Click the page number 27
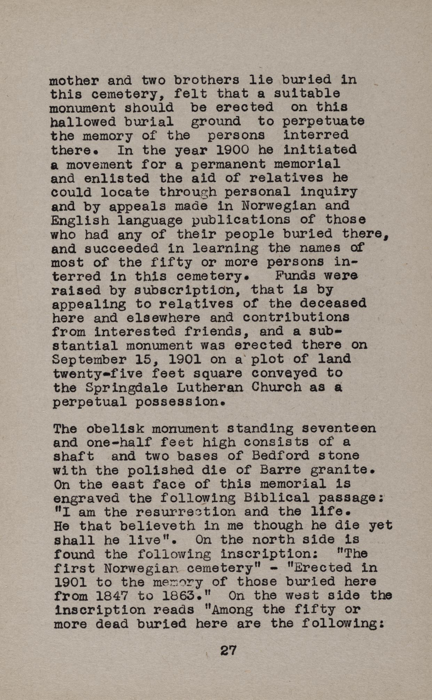(228, 650)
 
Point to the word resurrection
(185, 512)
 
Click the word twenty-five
(98, 374)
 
